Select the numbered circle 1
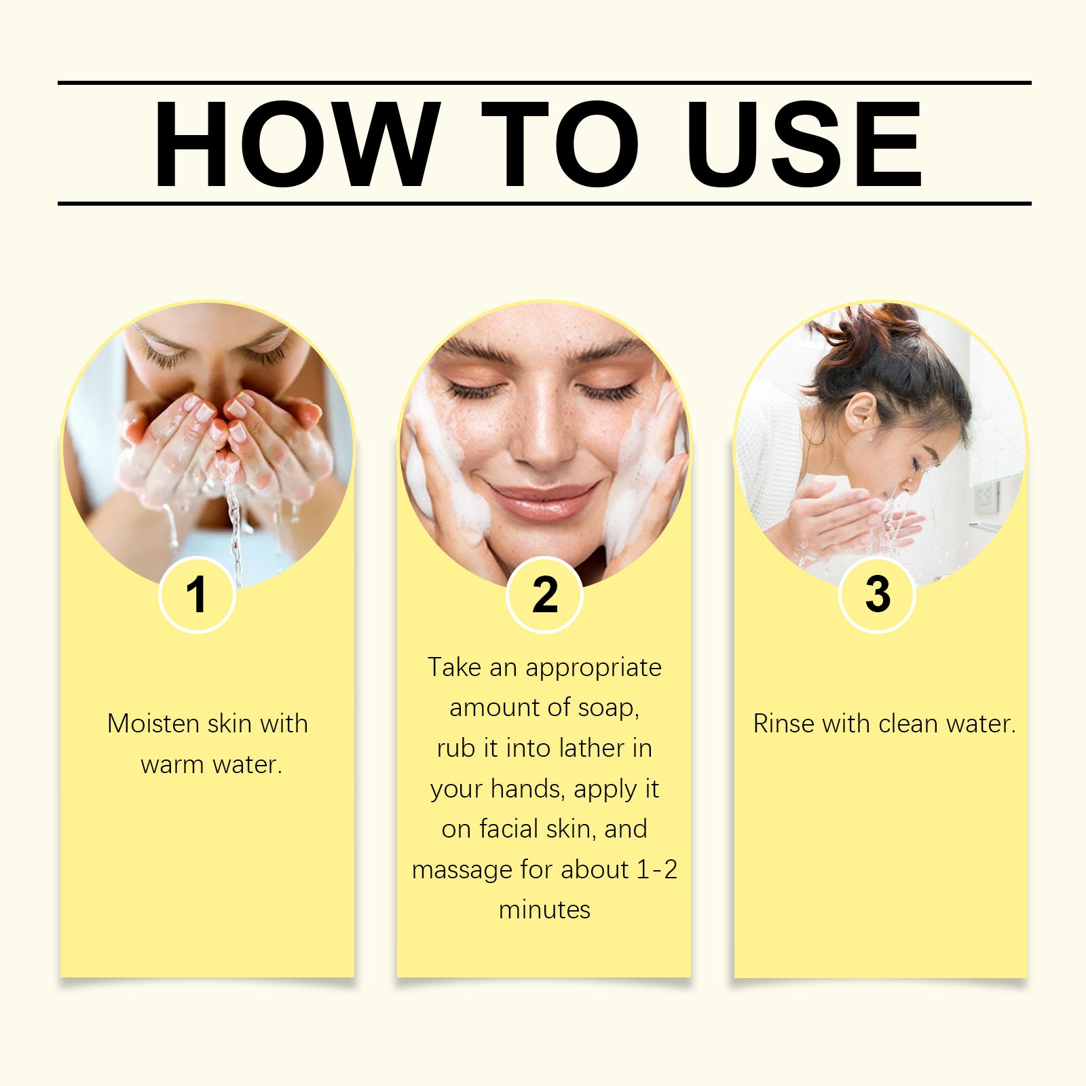point(197,595)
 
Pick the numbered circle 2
point(544,595)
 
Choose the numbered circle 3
point(878,595)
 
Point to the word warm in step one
point(172,765)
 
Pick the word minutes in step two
point(544,910)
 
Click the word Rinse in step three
point(784,724)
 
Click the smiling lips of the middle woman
point(543,499)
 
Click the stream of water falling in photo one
point(233,529)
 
